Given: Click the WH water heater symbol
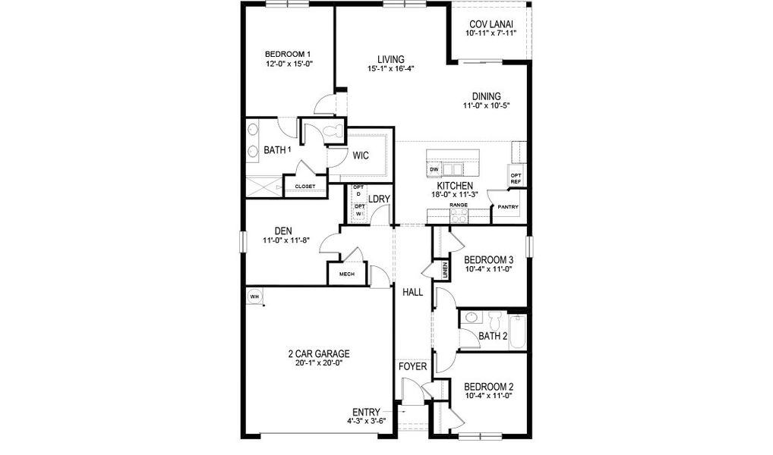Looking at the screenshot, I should [x=254, y=297].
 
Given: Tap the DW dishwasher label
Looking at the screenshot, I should [x=434, y=169].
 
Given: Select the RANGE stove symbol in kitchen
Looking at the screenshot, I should [x=458, y=215].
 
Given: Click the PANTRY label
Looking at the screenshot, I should [x=507, y=206].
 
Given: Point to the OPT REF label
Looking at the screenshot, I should [x=516, y=178].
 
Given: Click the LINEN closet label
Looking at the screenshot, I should [x=445, y=270].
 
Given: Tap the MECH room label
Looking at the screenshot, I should [x=347, y=275].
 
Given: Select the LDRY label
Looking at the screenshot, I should [x=379, y=199].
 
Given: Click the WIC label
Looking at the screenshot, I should [x=361, y=155].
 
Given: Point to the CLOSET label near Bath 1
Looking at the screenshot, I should [x=305, y=185].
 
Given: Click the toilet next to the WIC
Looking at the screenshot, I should [x=331, y=133].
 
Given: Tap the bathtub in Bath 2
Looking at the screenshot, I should [x=517, y=331].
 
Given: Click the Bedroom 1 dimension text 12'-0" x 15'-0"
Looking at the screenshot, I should [x=289, y=64].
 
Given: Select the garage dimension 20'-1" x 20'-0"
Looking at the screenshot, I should [x=319, y=362].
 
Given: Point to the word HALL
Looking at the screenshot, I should [x=412, y=291].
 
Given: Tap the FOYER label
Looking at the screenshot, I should [x=413, y=367].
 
